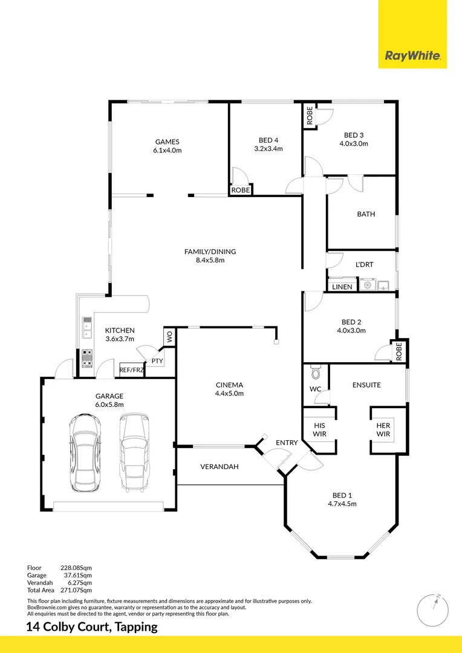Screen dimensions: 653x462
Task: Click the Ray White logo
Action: coord(412,57)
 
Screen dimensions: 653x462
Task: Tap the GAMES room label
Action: coord(168,142)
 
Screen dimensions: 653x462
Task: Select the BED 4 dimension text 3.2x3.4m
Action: coord(268,149)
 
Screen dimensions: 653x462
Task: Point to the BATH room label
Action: coord(366,214)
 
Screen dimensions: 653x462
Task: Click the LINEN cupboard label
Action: coord(342,287)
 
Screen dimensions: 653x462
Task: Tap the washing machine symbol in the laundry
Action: coord(367,284)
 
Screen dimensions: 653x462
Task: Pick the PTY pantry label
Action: coord(157,361)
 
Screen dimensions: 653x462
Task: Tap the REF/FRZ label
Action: coord(131,370)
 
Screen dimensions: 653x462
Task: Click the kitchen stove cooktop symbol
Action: coord(86,359)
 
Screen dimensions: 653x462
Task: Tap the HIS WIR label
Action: coord(319,429)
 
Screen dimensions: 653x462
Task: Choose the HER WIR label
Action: coord(383,429)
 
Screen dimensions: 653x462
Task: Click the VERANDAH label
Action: coord(220,467)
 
